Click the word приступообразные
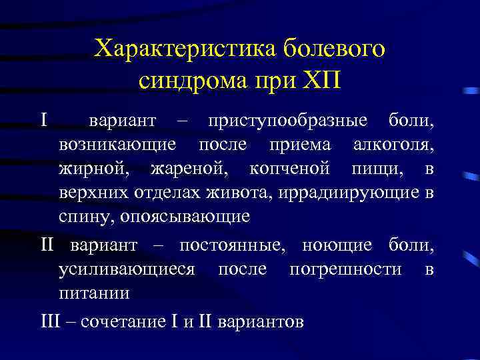[287, 121]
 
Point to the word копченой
[289, 169]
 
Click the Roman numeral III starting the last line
[50, 321]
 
